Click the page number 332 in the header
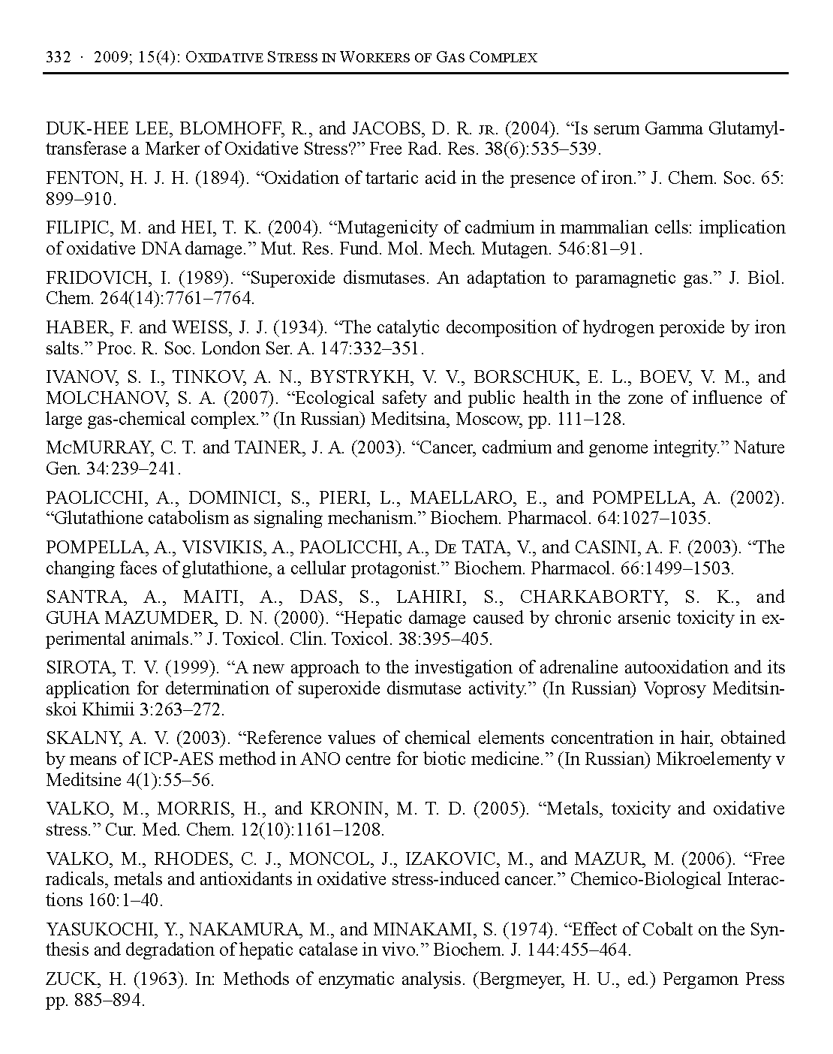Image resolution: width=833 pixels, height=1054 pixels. [x=58, y=58]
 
